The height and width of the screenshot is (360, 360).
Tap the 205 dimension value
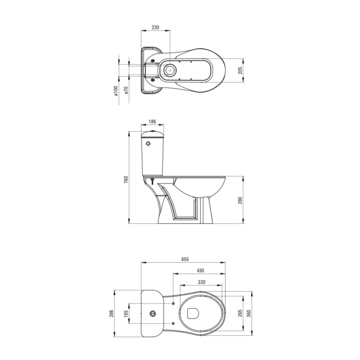tap(240, 70)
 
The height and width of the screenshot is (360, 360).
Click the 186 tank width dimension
tap(152, 121)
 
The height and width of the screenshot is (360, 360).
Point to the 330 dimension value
tap(201, 282)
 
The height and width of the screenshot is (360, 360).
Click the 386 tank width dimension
tap(110, 313)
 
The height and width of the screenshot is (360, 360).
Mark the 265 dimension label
tap(240, 313)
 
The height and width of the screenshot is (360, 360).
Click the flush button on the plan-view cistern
tap(152, 313)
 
